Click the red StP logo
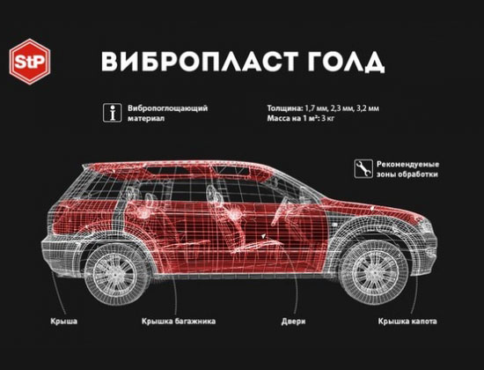tap(30, 62)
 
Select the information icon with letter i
tap(112, 113)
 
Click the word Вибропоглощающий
tap(167, 108)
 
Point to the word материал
tap(146, 118)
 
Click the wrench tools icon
tap(363, 168)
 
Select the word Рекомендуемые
tap(407, 164)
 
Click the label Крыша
tap(64, 322)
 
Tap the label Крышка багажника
tap(179, 322)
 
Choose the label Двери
tap(293, 322)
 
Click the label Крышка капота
tap(407, 322)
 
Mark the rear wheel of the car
tap(116, 274)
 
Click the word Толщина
tap(285, 108)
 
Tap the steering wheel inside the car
tap(278, 211)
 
